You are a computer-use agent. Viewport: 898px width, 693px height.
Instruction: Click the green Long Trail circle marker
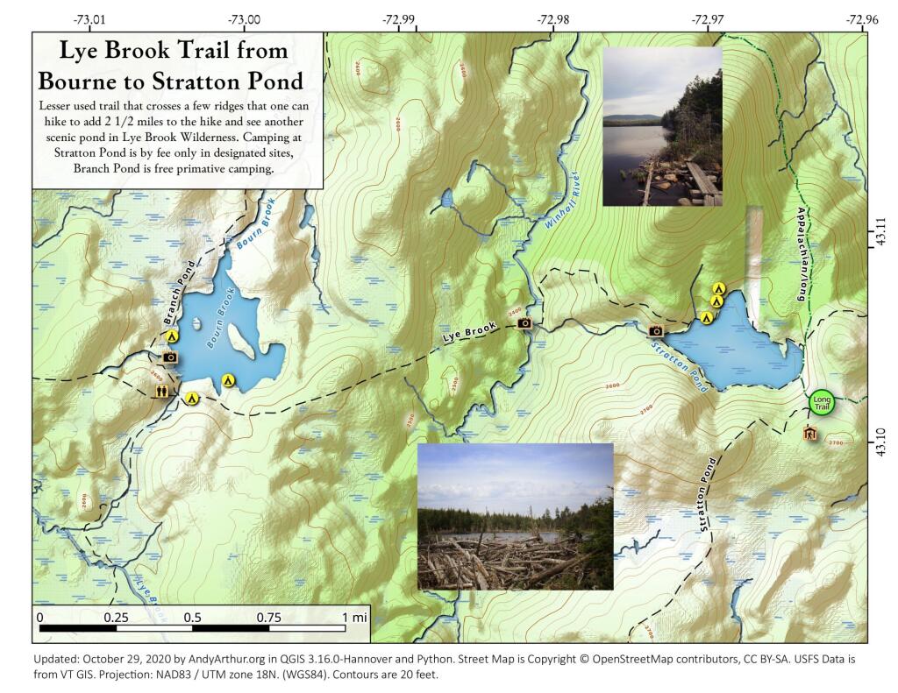click(x=821, y=403)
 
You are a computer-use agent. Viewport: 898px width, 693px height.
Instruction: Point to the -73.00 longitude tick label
click(x=244, y=18)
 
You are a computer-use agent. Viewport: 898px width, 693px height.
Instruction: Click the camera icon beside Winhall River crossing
click(x=525, y=323)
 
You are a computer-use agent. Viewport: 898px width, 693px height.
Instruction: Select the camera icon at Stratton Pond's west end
click(x=655, y=331)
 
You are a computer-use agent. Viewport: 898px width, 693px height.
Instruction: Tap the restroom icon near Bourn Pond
click(x=162, y=391)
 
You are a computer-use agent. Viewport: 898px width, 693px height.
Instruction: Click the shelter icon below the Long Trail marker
click(x=809, y=434)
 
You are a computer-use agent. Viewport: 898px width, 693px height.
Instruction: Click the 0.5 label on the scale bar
click(x=192, y=617)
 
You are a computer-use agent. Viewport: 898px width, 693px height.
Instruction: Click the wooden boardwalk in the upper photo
click(x=702, y=180)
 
